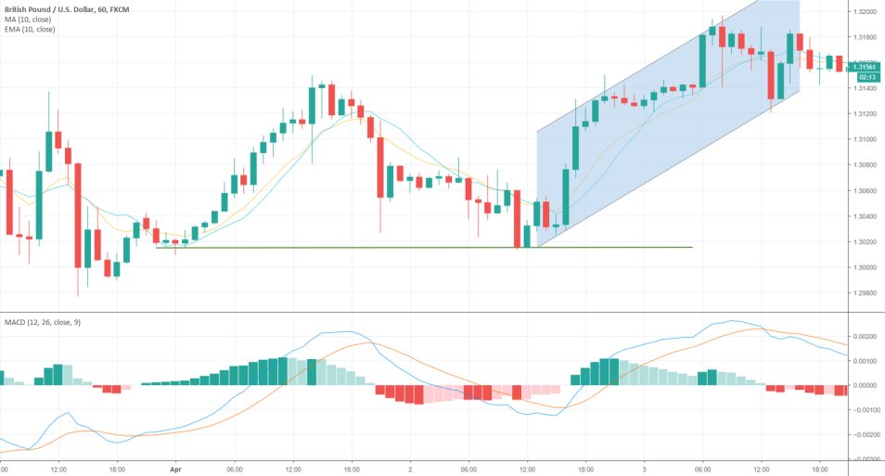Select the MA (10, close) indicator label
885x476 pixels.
pos(27,19)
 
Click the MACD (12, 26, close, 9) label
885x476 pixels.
pos(43,322)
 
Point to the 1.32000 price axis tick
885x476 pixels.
pos(865,12)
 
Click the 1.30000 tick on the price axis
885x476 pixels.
pos(865,267)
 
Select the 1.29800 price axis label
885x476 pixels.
pos(865,293)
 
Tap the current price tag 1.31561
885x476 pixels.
pos(865,66)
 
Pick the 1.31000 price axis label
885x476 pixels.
pos(865,139)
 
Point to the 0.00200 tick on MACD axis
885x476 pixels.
pos(865,336)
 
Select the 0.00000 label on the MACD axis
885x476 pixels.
pos(865,385)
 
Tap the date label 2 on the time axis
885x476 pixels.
pos(410,470)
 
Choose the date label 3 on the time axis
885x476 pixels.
pos(644,470)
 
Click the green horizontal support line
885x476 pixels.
pos(417,248)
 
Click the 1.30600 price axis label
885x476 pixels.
pos(865,190)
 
